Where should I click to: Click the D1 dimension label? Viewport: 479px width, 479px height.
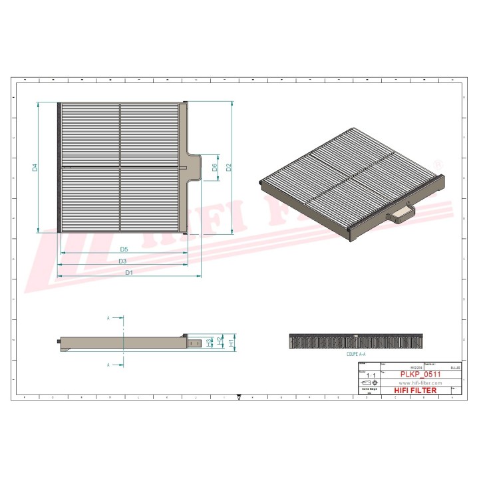128,273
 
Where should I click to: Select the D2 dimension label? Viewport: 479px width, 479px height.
228,168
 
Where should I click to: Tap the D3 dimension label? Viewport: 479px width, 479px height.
122,261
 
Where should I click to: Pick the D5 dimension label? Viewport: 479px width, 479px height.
124,249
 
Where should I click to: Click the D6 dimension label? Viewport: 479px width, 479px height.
214,168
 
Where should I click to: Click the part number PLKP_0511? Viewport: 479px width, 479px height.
420,375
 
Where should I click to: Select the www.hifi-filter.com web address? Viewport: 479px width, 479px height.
420,383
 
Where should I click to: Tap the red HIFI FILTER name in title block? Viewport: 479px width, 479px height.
416,391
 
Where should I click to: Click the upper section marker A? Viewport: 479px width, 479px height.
108,319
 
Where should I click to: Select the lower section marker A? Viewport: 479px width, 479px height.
108,365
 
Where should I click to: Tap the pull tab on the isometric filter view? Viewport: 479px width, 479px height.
401,213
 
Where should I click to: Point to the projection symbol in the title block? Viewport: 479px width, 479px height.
369,384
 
